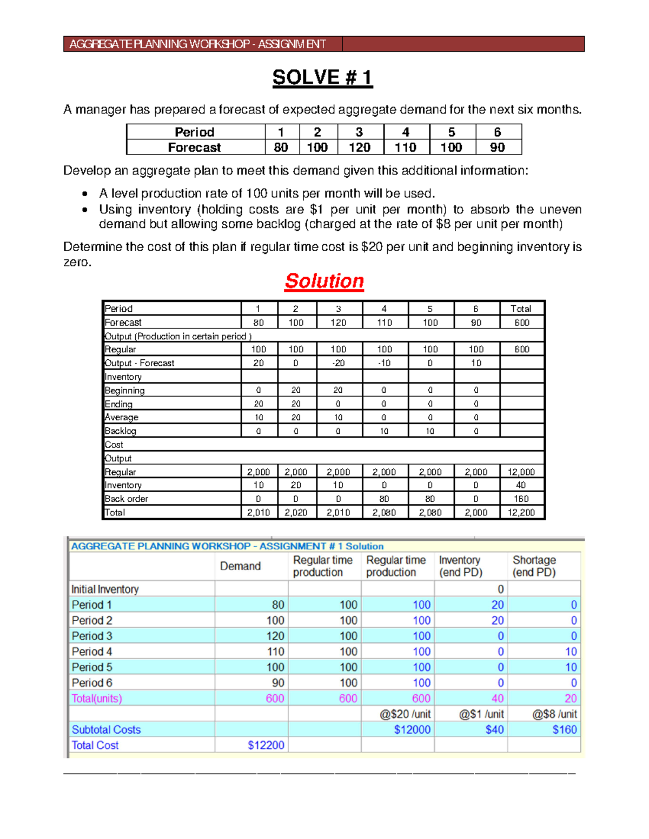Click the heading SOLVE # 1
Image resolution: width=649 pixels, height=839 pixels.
(x=322, y=78)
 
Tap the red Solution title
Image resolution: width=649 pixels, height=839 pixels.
(x=324, y=281)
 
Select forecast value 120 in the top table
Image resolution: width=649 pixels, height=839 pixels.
(x=359, y=147)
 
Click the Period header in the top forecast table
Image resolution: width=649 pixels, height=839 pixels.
(x=195, y=132)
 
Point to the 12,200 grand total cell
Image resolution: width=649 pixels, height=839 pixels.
(x=521, y=512)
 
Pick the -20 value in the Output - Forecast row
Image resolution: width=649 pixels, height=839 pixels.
(x=338, y=363)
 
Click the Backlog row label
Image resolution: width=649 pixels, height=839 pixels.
(x=121, y=431)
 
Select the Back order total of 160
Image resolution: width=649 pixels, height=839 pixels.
(x=521, y=499)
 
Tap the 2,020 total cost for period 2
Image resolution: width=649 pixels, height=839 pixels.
(x=296, y=512)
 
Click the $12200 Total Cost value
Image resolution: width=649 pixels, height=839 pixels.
(x=266, y=745)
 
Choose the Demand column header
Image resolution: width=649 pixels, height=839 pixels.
(x=240, y=566)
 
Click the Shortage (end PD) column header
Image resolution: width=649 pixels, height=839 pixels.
(x=534, y=566)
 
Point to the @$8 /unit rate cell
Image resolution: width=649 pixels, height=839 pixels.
(x=554, y=714)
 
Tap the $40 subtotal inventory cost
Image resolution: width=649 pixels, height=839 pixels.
(x=494, y=729)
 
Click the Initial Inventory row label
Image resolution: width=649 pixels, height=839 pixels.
(x=105, y=589)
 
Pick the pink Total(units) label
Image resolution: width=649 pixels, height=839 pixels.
(x=97, y=698)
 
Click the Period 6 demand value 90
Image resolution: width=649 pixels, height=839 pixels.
(x=278, y=683)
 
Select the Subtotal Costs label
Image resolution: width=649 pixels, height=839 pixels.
(x=106, y=729)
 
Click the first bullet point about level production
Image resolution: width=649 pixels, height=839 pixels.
(x=267, y=193)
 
